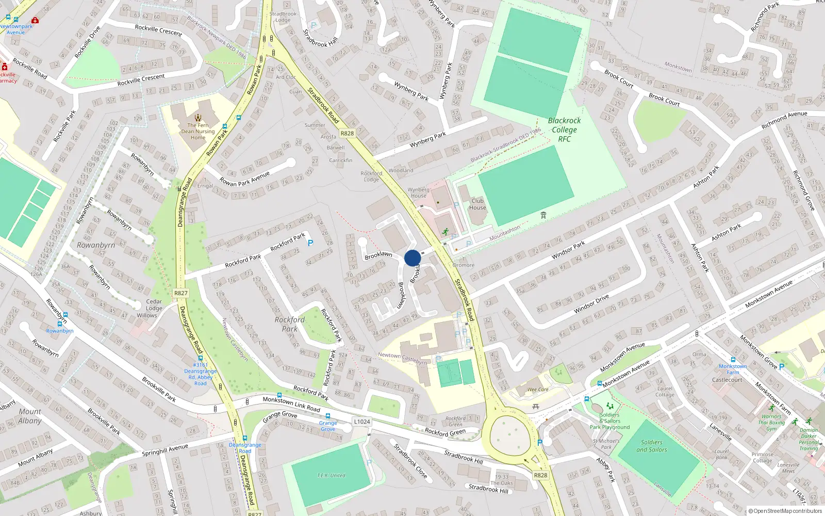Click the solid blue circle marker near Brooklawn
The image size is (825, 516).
[x=412, y=258]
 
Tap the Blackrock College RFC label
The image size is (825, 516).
[x=564, y=130]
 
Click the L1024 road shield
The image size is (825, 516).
[x=362, y=422]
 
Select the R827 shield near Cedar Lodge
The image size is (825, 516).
[x=181, y=293]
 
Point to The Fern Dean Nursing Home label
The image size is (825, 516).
[x=198, y=131]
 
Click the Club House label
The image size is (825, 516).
[x=477, y=204]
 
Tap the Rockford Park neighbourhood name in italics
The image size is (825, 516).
[x=289, y=324]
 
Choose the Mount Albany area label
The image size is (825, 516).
[x=30, y=416]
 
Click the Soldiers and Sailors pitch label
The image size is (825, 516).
[x=652, y=446]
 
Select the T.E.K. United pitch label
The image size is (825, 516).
[x=331, y=475]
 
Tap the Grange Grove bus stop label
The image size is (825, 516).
[x=328, y=426]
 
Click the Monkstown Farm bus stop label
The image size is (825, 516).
[x=733, y=369]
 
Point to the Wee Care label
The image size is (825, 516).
[x=538, y=390]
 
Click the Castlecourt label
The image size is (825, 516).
[x=727, y=380]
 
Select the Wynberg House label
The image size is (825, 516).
[x=418, y=192]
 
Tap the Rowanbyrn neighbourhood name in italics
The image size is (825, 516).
[x=96, y=245]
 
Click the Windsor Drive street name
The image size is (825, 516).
[x=591, y=304]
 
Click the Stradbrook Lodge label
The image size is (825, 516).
[x=283, y=17]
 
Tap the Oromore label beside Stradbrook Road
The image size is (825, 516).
[x=464, y=265]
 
